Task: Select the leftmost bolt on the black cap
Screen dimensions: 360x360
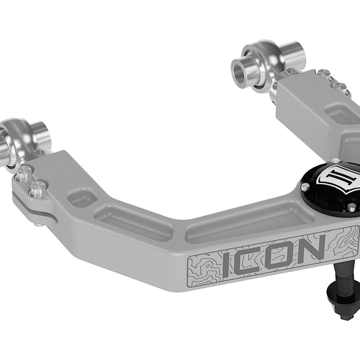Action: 305,187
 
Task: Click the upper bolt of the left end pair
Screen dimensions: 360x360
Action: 24,172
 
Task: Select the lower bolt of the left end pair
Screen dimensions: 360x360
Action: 38,189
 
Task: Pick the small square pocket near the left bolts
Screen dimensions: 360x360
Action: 81,198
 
